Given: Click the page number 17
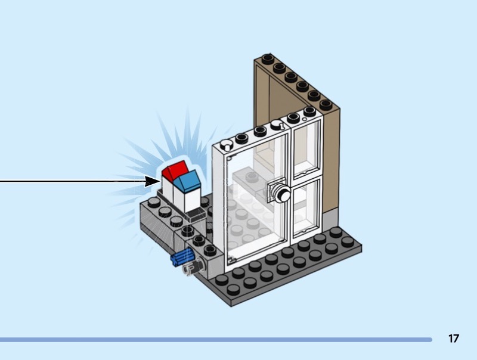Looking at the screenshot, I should (454, 339).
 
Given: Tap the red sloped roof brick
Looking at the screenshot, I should (174, 170).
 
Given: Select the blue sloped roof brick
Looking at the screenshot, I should (190, 179).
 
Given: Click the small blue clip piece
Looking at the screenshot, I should (181, 258).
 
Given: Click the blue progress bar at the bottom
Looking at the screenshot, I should (215, 340).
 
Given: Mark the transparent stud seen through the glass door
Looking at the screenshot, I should (251, 177).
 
